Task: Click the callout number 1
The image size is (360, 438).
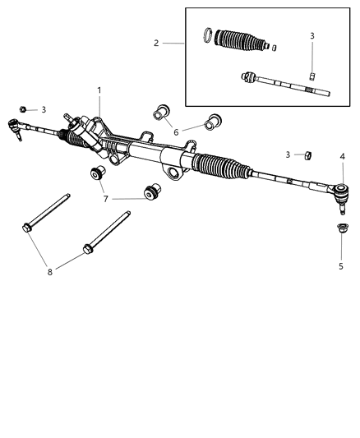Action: tap(99, 90)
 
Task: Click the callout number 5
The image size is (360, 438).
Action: tap(341, 265)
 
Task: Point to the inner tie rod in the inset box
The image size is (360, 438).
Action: tap(284, 85)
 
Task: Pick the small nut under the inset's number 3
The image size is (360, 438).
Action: tap(312, 75)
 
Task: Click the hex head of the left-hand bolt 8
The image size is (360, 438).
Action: tap(29, 228)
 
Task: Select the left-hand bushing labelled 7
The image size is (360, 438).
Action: tap(98, 174)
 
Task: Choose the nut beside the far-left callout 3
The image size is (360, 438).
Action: tap(24, 108)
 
